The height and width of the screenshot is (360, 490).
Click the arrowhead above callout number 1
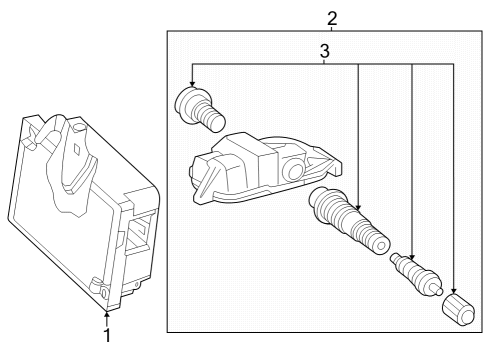point(106,314)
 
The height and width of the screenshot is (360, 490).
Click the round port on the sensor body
point(295,172)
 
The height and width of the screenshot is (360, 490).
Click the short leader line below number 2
point(332,29)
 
